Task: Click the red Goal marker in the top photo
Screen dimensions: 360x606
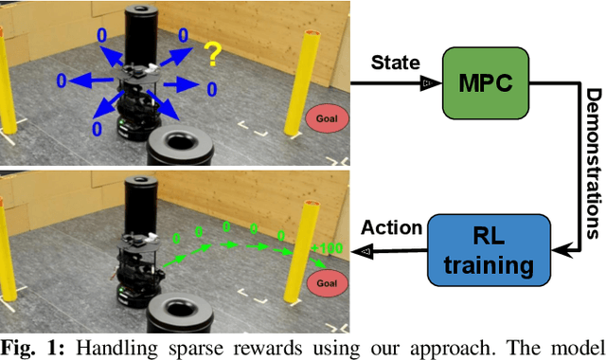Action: [326, 118]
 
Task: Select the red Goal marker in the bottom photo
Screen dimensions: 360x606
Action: [327, 282]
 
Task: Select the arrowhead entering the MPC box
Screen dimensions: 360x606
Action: [427, 83]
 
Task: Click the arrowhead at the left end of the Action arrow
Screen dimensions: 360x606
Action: [359, 250]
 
